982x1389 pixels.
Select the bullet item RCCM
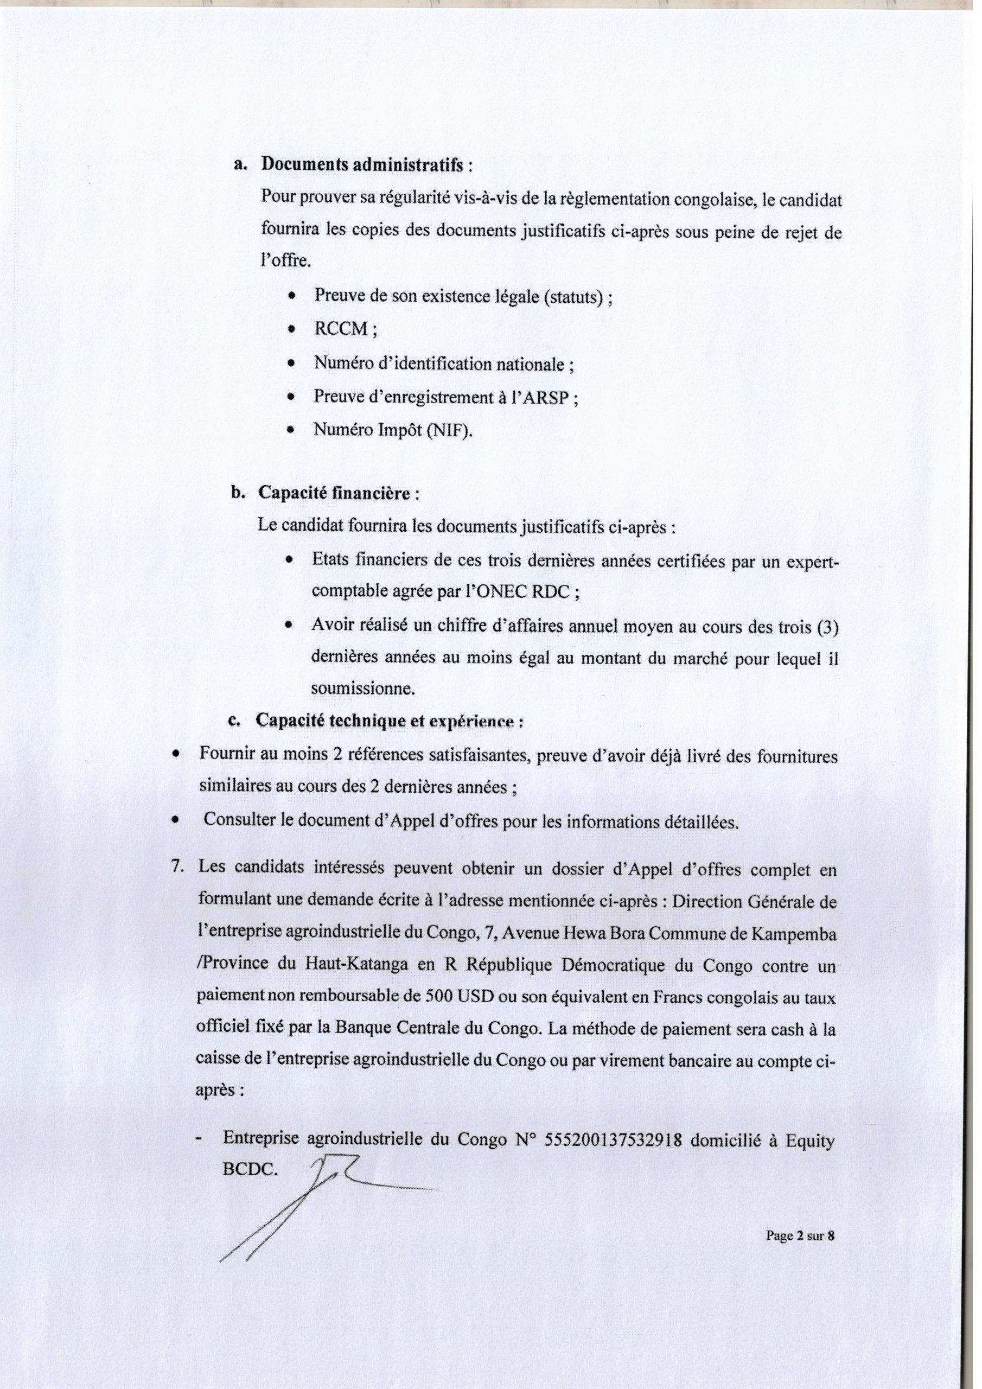click(341, 329)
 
